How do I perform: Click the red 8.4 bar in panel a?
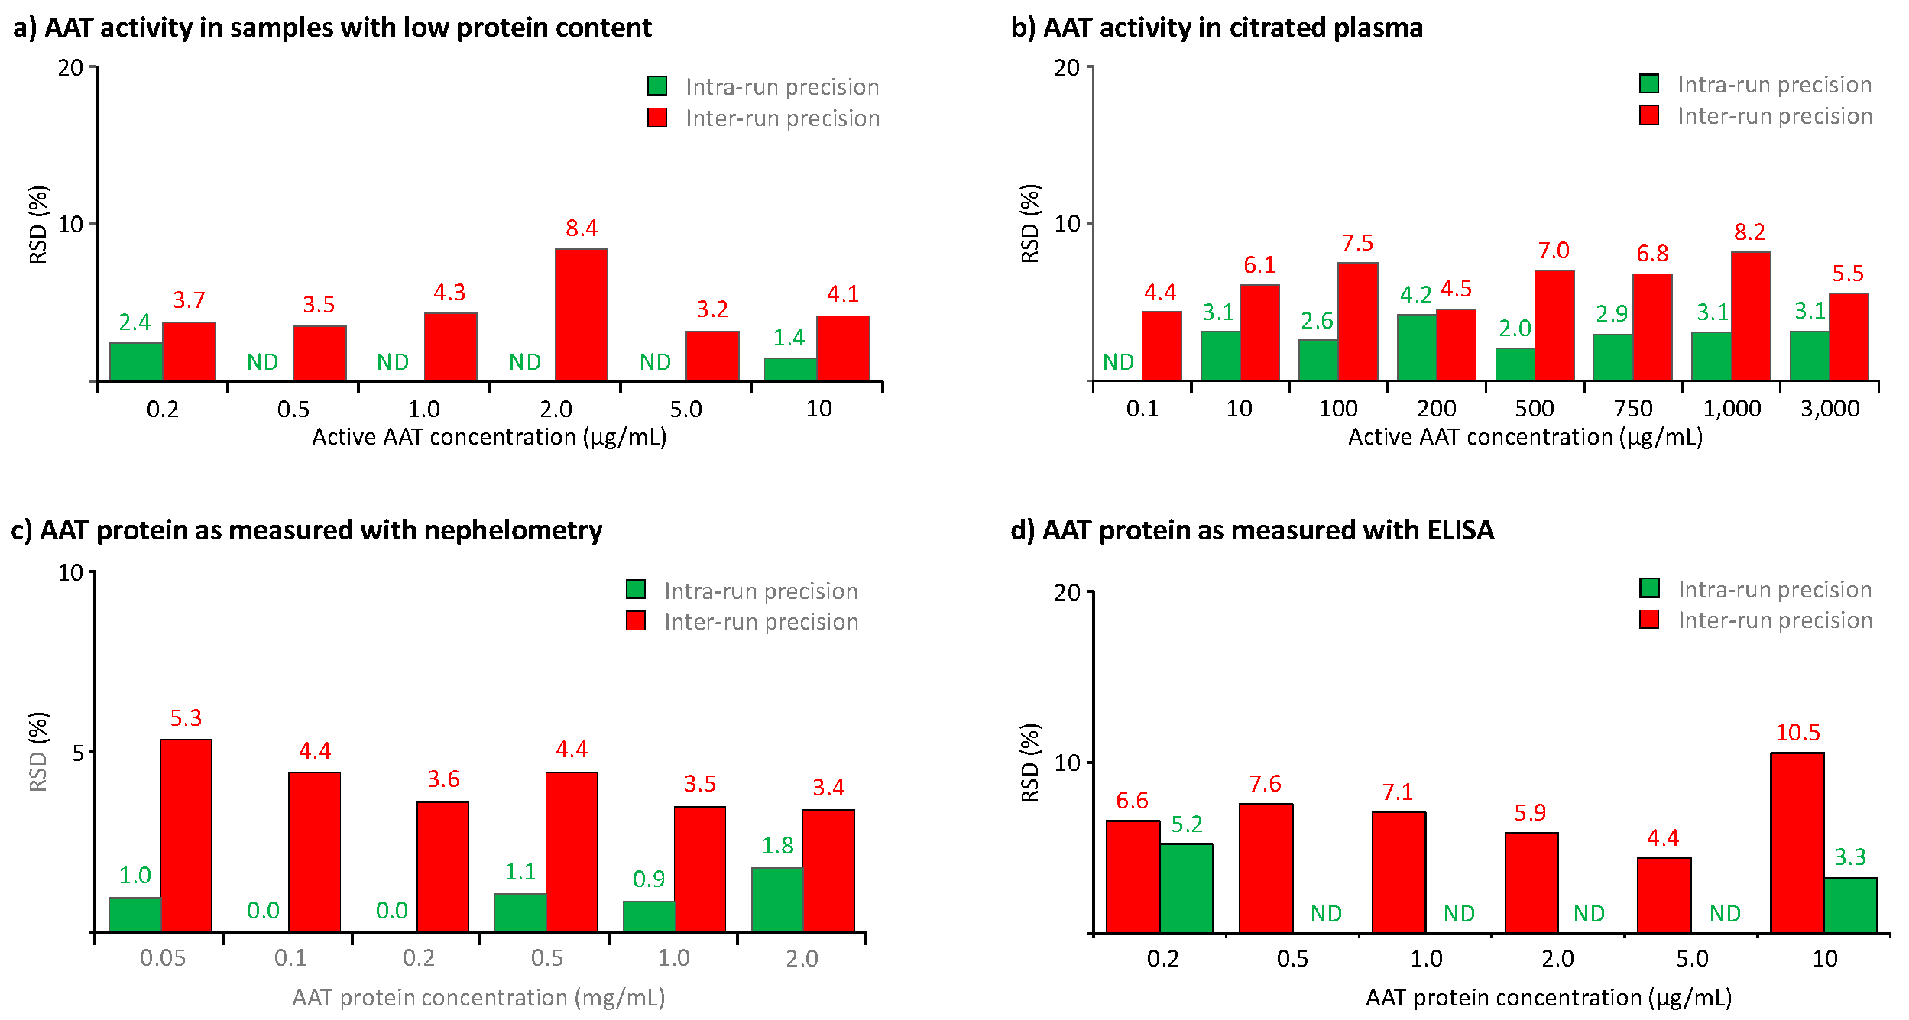(x=581, y=315)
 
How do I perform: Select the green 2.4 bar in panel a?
(x=135, y=361)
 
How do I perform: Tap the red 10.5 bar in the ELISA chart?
(x=1797, y=843)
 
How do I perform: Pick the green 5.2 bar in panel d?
(x=1186, y=888)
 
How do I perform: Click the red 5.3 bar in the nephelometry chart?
(x=186, y=835)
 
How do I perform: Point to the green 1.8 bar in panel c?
(x=776, y=899)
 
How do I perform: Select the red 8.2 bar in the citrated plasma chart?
(x=1750, y=316)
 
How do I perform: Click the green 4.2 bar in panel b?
(x=1416, y=347)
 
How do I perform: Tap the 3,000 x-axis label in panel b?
(x=1830, y=409)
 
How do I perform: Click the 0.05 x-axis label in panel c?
(x=162, y=958)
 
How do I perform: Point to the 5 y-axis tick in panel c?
(x=77, y=753)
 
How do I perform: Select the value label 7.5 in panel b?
(x=1357, y=243)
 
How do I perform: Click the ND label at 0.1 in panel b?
(x=1118, y=362)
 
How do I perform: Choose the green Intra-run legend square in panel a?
(x=656, y=86)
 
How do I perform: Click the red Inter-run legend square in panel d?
(x=1649, y=620)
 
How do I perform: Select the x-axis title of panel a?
(x=489, y=437)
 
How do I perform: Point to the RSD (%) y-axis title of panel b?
(x=1030, y=223)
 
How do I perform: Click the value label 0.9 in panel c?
(x=648, y=879)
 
